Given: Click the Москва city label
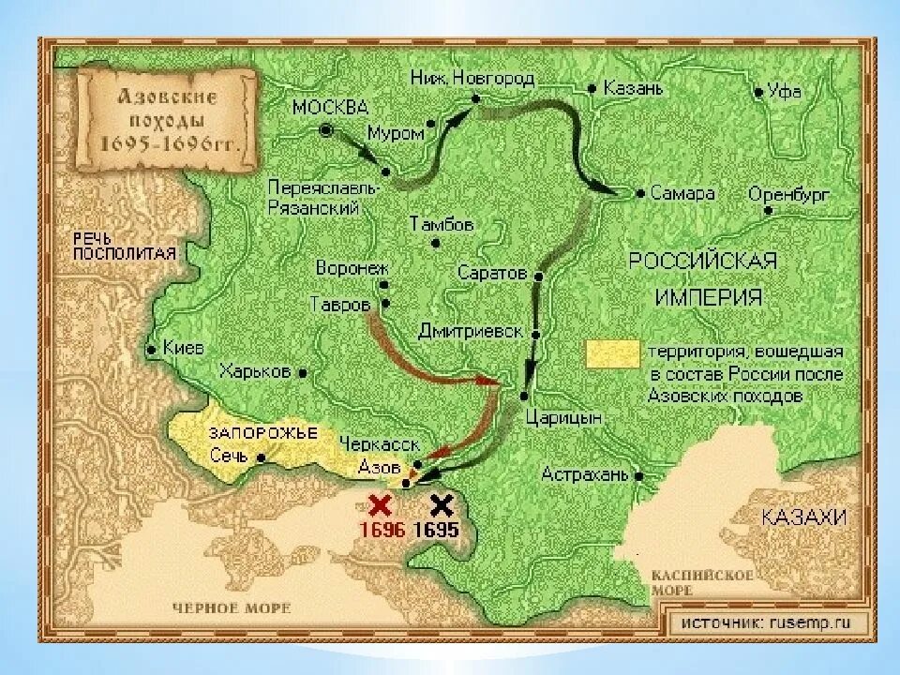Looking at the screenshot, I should (330, 107).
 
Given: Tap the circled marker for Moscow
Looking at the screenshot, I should (326, 131).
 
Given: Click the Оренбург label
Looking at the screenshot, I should (789, 195).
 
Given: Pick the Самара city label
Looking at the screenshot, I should (683, 193).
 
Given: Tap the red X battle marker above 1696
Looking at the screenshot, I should (380, 506).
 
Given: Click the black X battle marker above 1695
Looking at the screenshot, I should (441, 506).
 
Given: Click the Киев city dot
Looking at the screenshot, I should (151, 350).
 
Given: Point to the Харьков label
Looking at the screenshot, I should (254, 370).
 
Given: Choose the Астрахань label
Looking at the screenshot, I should (584, 474).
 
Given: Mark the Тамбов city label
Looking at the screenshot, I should (442, 225).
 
